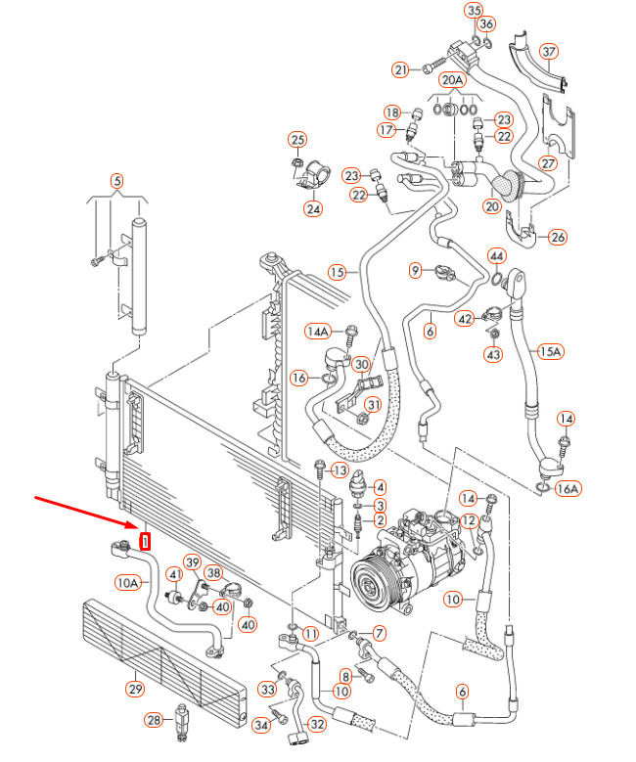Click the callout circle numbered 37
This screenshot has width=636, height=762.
point(549,52)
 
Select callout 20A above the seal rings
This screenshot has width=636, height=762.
point(452,80)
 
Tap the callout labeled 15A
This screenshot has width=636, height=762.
point(551,350)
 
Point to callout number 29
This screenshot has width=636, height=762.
point(134,689)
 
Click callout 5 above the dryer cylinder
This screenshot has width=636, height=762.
point(117,180)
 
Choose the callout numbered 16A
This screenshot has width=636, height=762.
point(568,489)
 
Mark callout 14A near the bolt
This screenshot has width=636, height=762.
point(319,332)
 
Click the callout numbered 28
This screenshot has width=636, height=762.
point(154,721)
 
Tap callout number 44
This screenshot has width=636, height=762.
point(497,257)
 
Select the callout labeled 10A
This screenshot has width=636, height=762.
point(128,583)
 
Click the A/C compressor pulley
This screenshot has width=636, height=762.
point(377,577)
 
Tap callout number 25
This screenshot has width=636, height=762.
point(296,140)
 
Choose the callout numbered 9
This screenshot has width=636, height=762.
point(415,270)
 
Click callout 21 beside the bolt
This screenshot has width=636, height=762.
point(400,69)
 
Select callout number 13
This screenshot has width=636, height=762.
point(340,471)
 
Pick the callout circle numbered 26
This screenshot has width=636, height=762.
point(558,237)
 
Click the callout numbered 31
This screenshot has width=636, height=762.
point(373,406)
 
